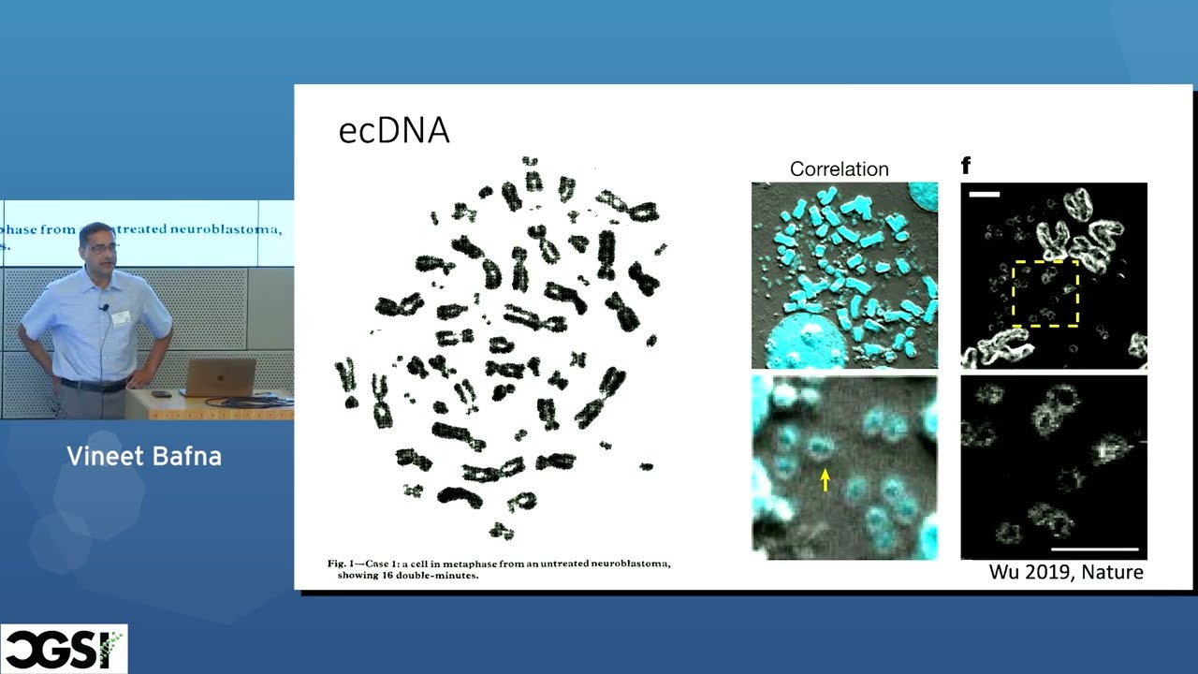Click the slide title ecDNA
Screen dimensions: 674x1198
coord(393,131)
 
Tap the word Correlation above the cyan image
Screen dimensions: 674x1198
coord(839,169)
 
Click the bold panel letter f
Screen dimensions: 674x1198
coord(966,167)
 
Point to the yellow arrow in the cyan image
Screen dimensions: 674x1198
coord(825,479)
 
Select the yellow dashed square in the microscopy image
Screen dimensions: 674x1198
coord(1045,293)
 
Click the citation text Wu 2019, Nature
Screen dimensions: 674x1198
coord(1066,571)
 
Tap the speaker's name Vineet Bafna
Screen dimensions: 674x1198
coord(144,457)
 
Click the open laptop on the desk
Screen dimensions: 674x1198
coord(219,377)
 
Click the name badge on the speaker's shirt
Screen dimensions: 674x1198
coord(121,317)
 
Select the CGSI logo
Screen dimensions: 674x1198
coord(64,649)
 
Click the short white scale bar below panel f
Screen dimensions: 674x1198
coord(986,195)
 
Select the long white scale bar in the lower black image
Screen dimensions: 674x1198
coord(1094,549)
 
